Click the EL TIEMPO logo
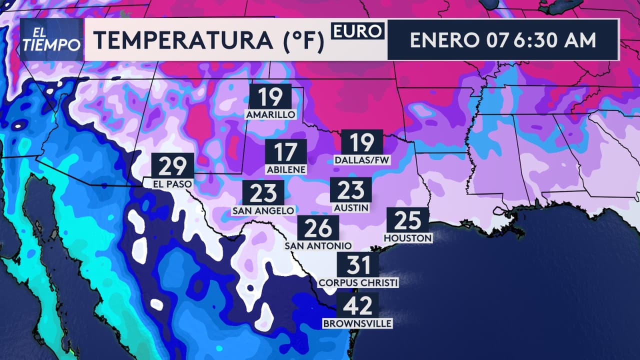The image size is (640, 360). pyautogui.click(x=51, y=40)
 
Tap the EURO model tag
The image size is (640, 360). pyautogui.click(x=357, y=31)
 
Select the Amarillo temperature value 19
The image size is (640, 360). pyautogui.click(x=270, y=97)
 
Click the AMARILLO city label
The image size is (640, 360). pyautogui.click(x=270, y=115)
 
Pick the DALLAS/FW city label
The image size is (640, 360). pyautogui.click(x=362, y=160)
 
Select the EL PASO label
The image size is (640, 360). pyautogui.click(x=173, y=184)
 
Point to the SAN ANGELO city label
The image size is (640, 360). pyautogui.click(x=263, y=211)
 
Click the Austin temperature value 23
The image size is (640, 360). pyautogui.click(x=350, y=190)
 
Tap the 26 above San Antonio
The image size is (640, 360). pyautogui.click(x=318, y=228)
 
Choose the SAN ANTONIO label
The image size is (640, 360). pyautogui.click(x=318, y=246)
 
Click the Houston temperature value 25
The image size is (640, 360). pyautogui.click(x=407, y=220)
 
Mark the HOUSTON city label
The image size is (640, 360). pyautogui.click(x=408, y=238)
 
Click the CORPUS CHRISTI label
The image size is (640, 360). pyautogui.click(x=358, y=283)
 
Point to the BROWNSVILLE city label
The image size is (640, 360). pyautogui.click(x=357, y=324)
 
